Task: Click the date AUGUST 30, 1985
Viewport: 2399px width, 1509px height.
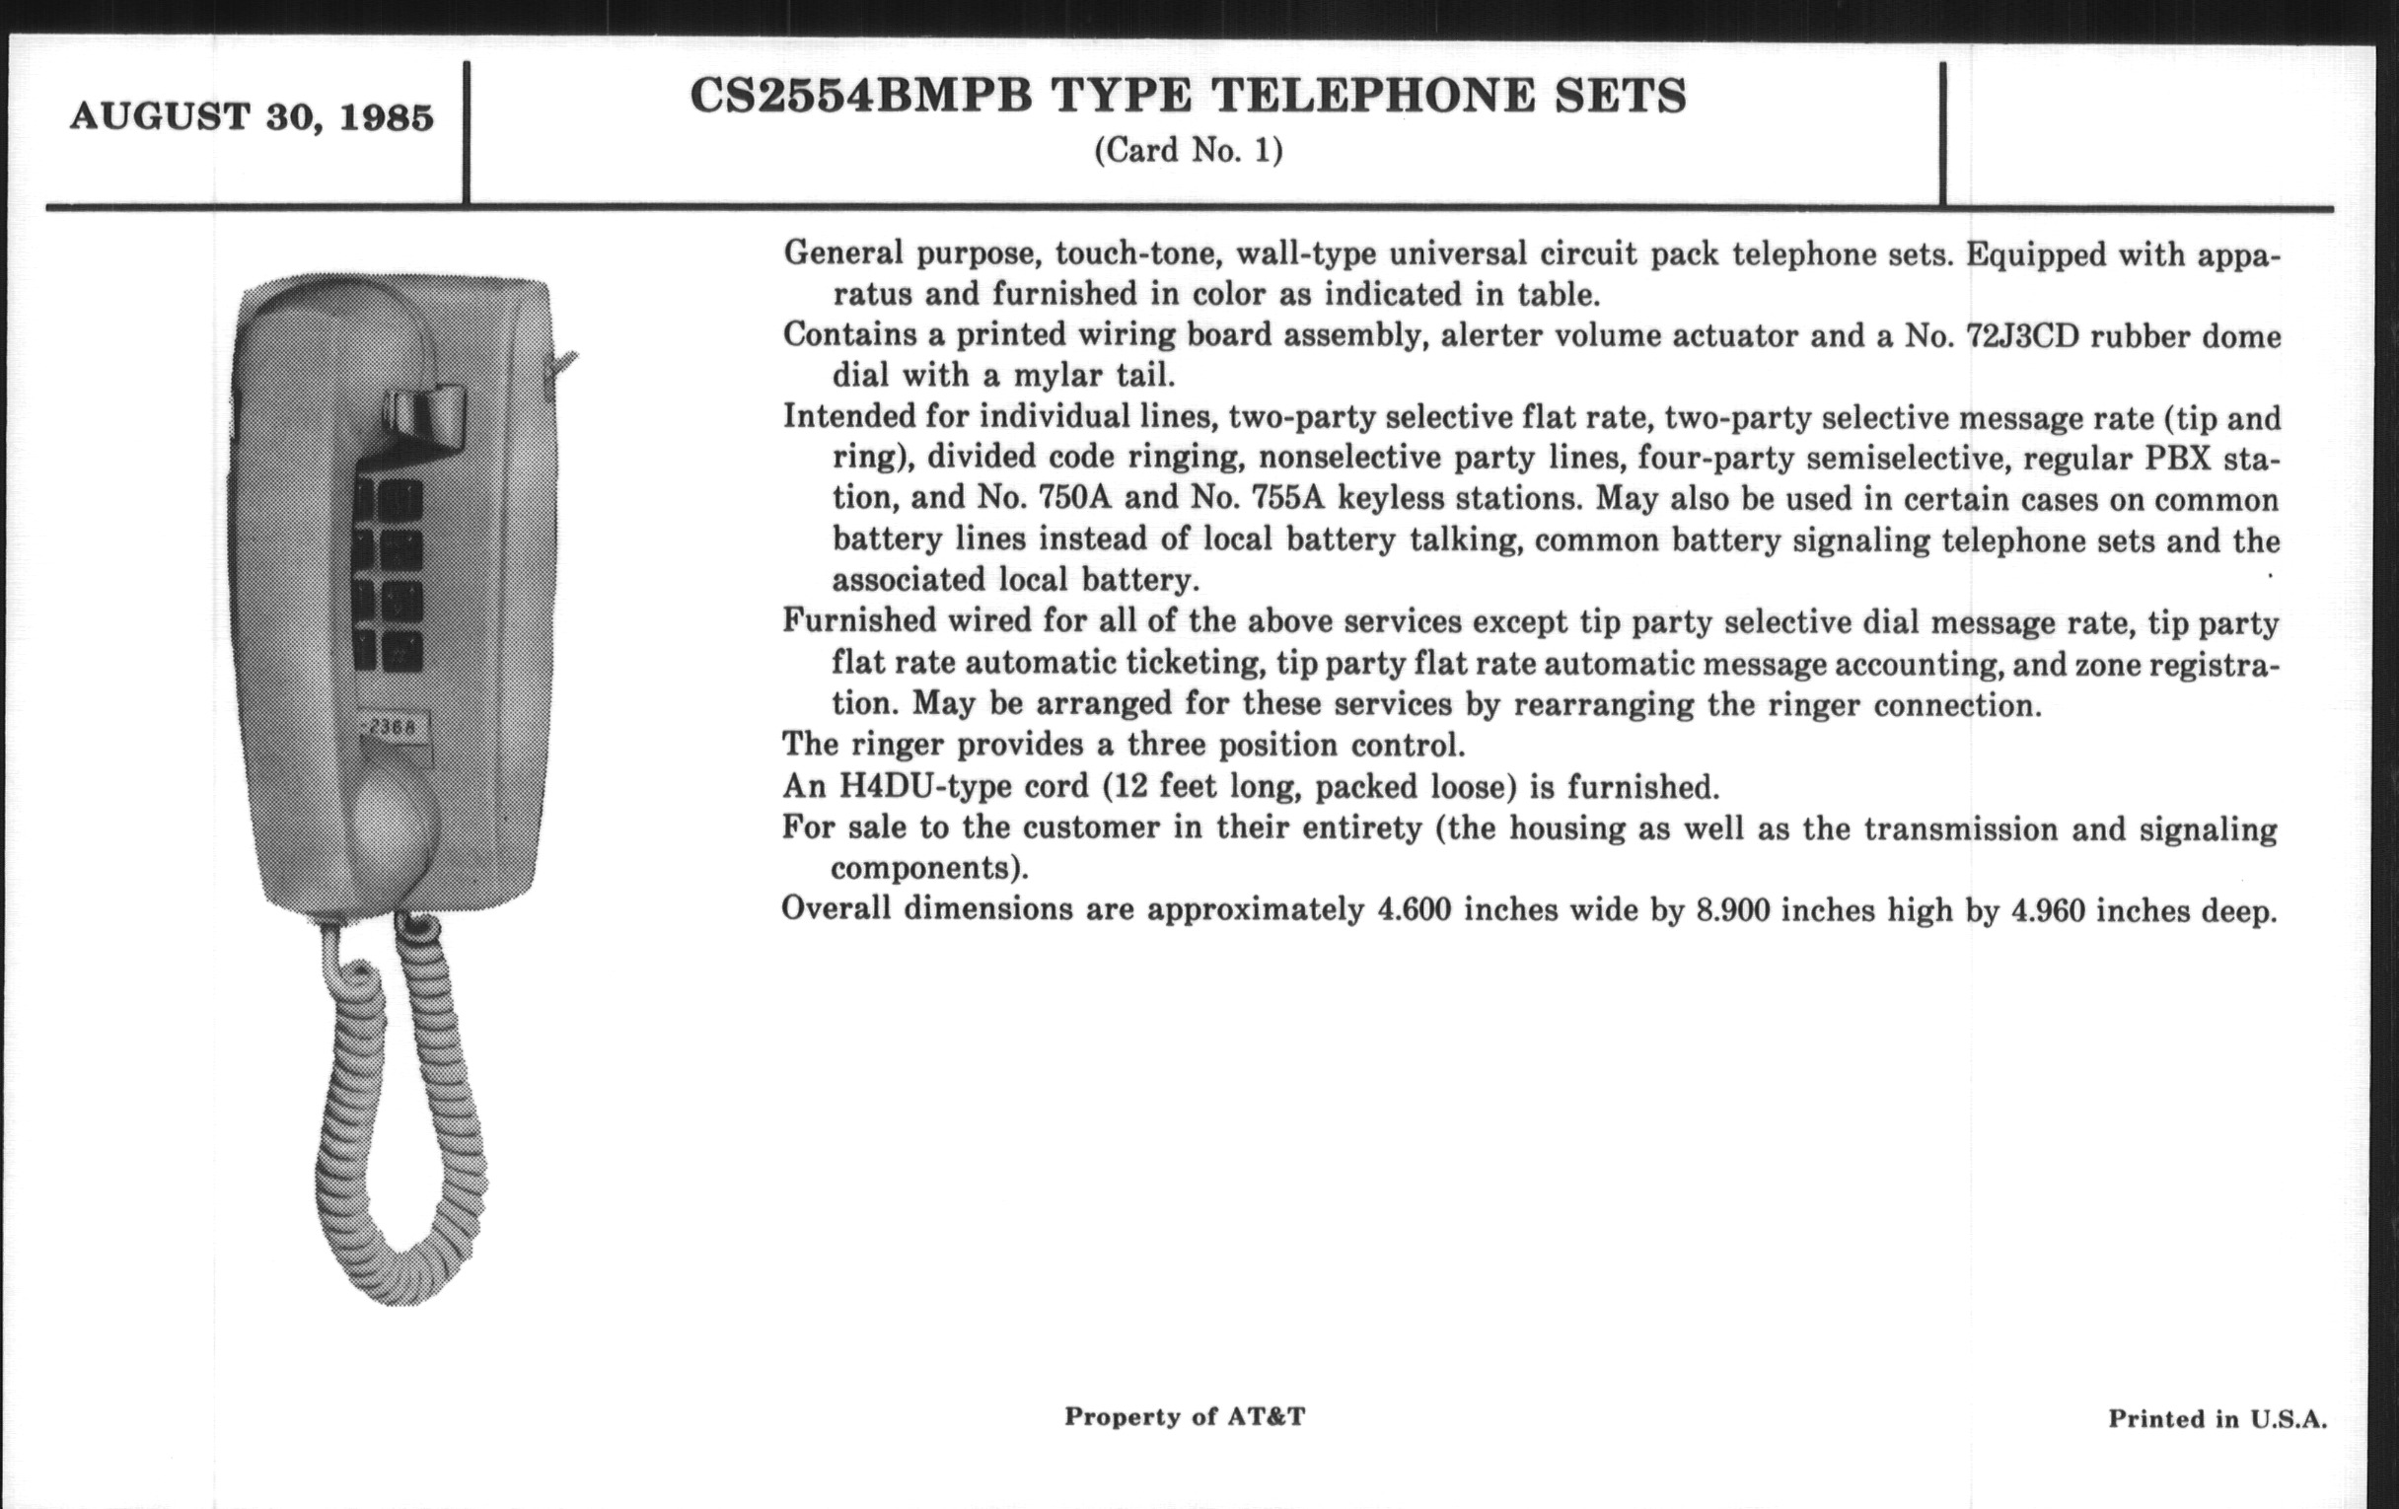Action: (252, 117)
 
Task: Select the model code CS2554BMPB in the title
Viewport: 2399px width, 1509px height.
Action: (862, 97)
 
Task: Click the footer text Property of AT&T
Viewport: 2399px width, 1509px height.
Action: (1184, 1416)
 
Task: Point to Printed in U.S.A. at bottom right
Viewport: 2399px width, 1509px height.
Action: (2217, 1419)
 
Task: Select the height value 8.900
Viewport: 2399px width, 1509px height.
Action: (1732, 910)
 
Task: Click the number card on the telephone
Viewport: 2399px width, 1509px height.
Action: (395, 727)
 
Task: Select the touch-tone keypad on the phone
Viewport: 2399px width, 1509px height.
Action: (389, 578)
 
